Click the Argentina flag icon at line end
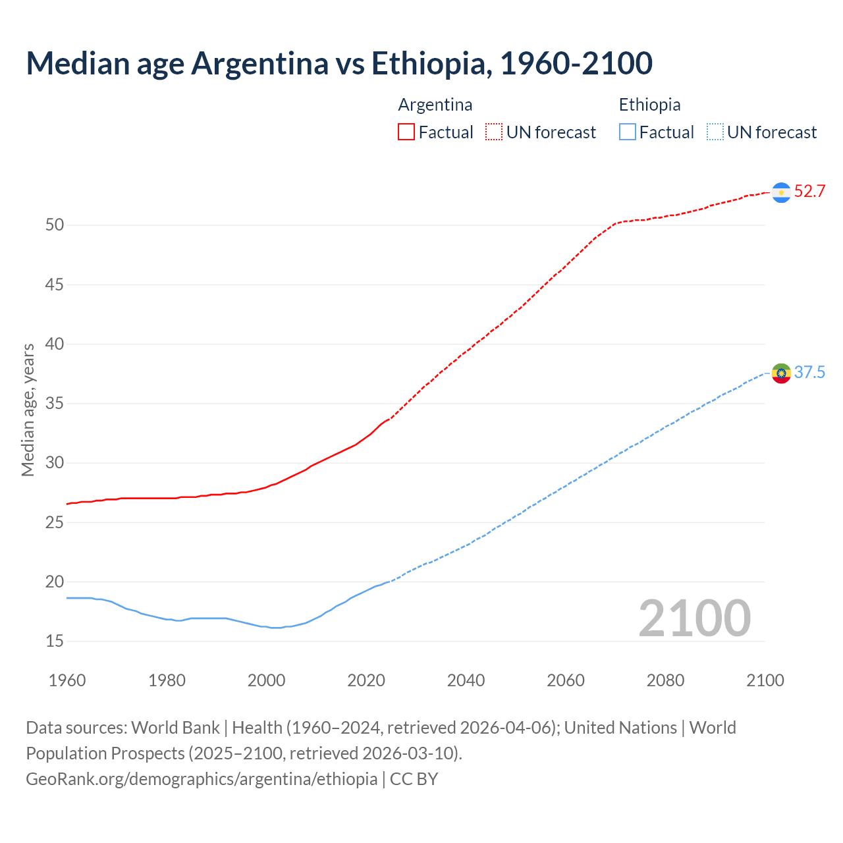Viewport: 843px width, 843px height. click(x=781, y=192)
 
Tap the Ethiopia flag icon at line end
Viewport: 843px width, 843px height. click(x=781, y=373)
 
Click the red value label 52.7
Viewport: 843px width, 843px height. click(x=809, y=192)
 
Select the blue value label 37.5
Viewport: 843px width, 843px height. click(x=809, y=373)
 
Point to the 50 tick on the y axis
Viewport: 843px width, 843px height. click(x=55, y=225)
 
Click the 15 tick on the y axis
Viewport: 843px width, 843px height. click(x=55, y=641)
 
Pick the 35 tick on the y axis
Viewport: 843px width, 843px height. click(x=55, y=404)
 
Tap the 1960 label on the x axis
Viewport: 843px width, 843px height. click(x=67, y=680)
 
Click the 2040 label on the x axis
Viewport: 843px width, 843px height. click(x=466, y=680)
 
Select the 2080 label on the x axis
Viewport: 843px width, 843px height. click(x=665, y=680)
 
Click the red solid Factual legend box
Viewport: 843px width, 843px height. click(x=406, y=132)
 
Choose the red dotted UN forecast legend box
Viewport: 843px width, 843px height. click(x=494, y=132)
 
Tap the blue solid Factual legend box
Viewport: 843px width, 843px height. click(x=627, y=132)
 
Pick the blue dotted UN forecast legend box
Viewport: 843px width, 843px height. click(x=715, y=132)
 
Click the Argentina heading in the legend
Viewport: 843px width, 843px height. click(x=435, y=105)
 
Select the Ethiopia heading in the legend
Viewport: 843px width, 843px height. click(x=649, y=105)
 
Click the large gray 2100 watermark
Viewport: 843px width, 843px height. click(x=694, y=618)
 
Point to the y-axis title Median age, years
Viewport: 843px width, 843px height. click(x=28, y=410)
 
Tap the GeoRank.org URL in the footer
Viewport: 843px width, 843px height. click(x=202, y=779)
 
